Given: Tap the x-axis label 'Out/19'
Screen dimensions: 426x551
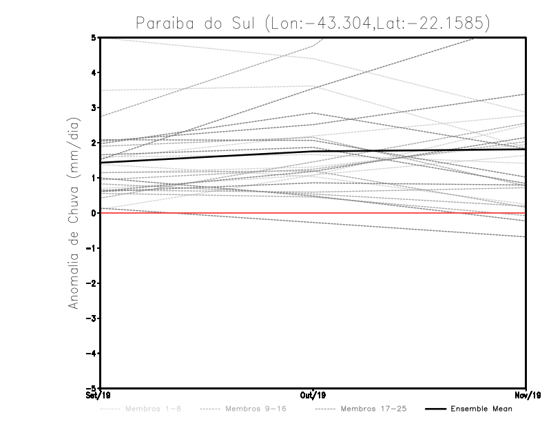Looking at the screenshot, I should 313,396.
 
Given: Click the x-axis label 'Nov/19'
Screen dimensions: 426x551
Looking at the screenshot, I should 526,396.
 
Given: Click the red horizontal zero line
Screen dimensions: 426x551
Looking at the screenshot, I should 207,213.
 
